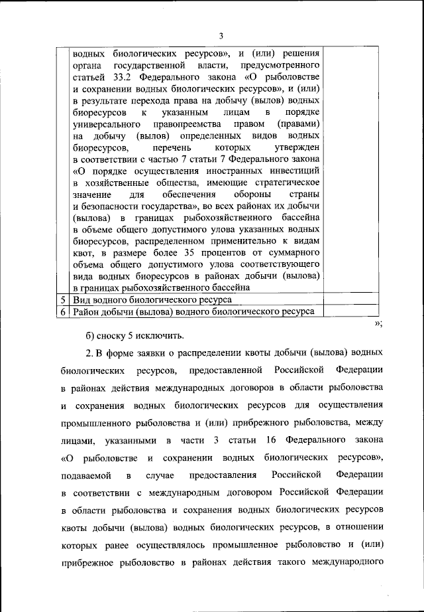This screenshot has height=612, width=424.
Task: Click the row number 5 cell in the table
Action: [x=62, y=300]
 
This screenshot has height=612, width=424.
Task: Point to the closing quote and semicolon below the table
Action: [x=378, y=323]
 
